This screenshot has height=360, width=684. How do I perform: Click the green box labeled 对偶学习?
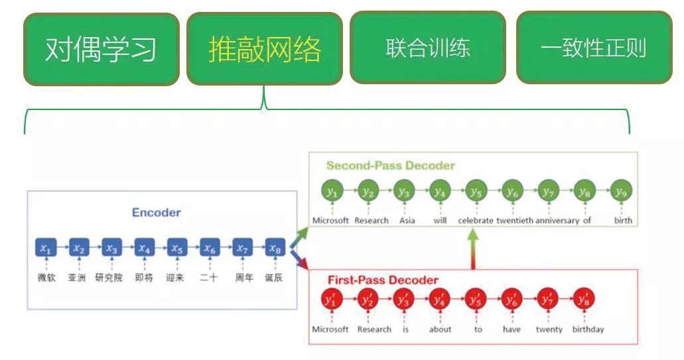pyautogui.click(x=101, y=49)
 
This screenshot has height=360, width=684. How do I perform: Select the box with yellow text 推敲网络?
pyautogui.click(x=264, y=49)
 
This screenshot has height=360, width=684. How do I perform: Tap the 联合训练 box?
pyautogui.click(x=427, y=48)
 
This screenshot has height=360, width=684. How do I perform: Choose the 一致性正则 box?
pyautogui.click(x=593, y=48)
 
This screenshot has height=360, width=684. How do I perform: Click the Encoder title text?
pyautogui.click(x=156, y=213)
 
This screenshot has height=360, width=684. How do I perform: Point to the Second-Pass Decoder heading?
pyautogui.click(x=390, y=166)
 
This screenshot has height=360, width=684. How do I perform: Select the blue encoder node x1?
pyautogui.click(x=45, y=248)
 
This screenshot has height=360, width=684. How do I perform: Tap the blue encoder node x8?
pyautogui.click(x=275, y=248)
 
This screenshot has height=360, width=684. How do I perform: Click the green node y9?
pyautogui.click(x=620, y=192)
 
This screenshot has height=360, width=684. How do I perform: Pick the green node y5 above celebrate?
pyautogui.click(x=475, y=192)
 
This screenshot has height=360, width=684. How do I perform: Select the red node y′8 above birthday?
pyautogui.click(x=584, y=300)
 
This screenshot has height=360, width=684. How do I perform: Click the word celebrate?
pyautogui.click(x=476, y=220)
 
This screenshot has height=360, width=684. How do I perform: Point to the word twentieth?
pyautogui.click(x=514, y=220)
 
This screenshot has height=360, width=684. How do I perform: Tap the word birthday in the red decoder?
pyautogui.click(x=588, y=329)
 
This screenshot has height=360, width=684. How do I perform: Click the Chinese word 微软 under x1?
pyautogui.click(x=46, y=278)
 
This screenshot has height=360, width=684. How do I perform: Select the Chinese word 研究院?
pyautogui.click(x=109, y=278)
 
